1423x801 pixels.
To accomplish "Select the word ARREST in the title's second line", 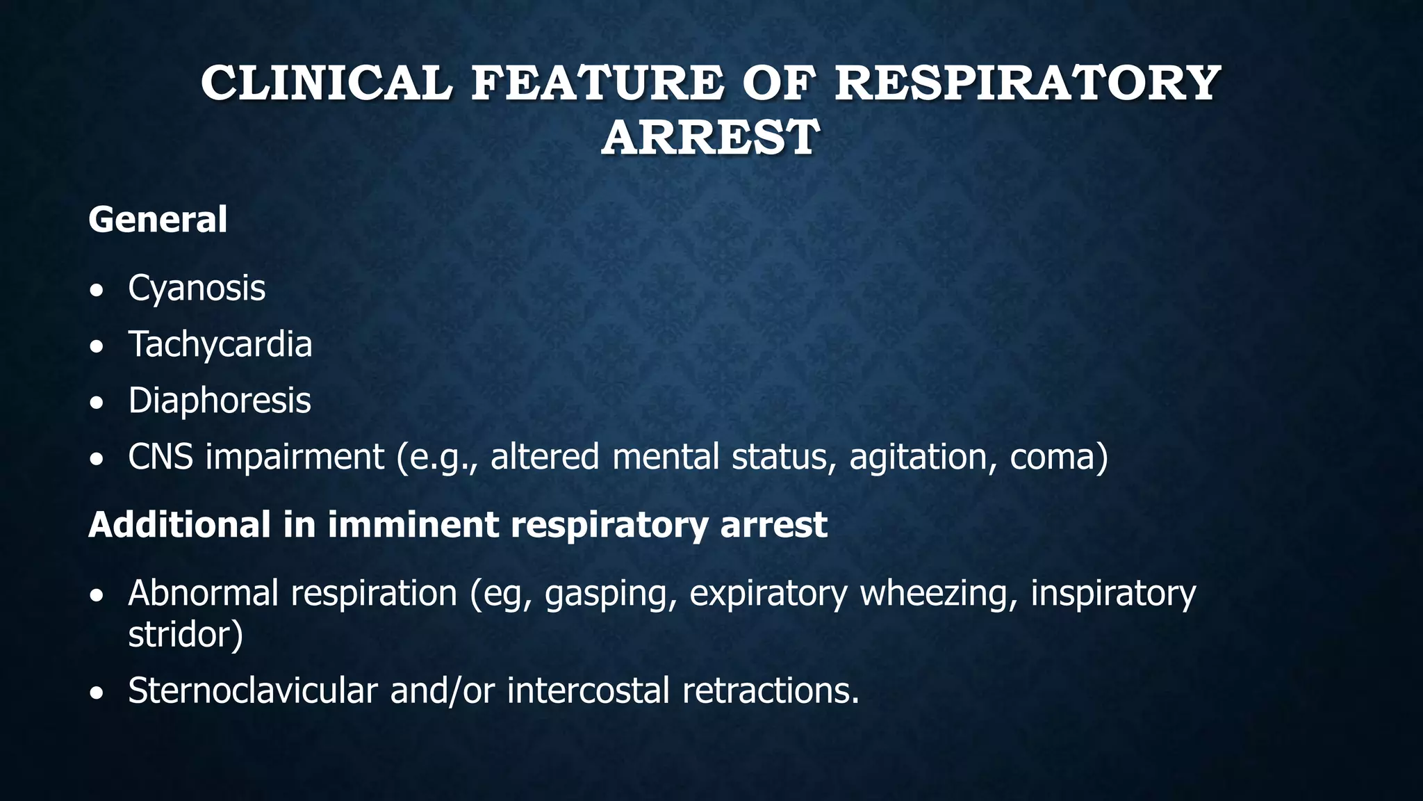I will [x=710, y=137].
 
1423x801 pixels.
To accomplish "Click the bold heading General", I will [x=158, y=220].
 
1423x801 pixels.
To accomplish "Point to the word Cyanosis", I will [x=197, y=288].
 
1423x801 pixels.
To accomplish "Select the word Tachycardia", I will [x=220, y=344].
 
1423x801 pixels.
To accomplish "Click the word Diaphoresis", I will [x=220, y=400].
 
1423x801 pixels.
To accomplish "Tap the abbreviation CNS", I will [x=161, y=457].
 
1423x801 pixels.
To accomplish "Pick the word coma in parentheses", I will [x=1055, y=457].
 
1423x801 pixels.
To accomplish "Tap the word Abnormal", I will [x=203, y=593].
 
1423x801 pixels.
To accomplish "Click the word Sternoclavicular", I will [x=253, y=690].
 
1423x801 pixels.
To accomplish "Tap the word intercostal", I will [x=588, y=690].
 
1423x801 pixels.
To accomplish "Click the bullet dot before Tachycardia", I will [x=98, y=346].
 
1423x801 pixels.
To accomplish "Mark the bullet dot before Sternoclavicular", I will [x=98, y=693].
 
